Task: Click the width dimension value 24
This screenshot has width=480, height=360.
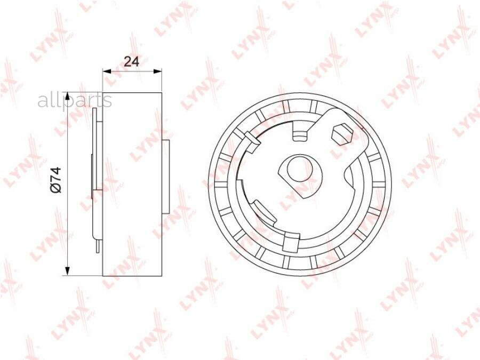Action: (132, 62)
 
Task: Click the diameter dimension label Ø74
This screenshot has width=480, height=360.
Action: (57, 180)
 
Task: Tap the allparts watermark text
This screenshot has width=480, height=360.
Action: (75, 101)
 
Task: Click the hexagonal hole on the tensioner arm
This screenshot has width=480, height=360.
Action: (343, 134)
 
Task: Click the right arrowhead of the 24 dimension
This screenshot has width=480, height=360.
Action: (157, 71)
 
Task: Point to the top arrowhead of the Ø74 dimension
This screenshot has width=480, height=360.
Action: (68, 95)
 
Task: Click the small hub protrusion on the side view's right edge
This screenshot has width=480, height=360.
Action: (165, 177)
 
